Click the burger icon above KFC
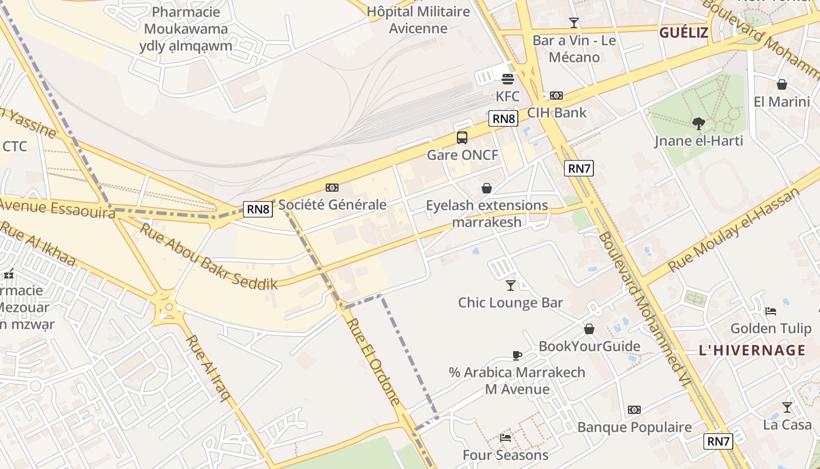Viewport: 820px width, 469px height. (x=507, y=79)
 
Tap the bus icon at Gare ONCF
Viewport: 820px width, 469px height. (x=462, y=138)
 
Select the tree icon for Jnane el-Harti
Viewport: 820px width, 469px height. (x=698, y=123)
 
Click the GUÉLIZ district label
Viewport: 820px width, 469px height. (x=684, y=33)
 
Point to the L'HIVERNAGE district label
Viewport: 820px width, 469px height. (x=752, y=351)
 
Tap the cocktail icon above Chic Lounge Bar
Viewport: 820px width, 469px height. (x=511, y=286)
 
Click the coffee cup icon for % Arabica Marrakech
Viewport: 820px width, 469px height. (x=517, y=355)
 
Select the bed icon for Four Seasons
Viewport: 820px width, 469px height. (x=505, y=437)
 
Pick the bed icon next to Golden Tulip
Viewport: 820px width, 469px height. (x=771, y=311)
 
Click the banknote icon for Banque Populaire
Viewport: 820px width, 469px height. (x=634, y=410)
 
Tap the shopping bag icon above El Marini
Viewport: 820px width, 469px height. (x=781, y=84)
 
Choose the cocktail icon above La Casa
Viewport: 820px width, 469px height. (x=787, y=407)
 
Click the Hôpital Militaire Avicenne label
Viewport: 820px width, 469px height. (x=419, y=20)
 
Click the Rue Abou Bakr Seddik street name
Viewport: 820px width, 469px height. (x=208, y=256)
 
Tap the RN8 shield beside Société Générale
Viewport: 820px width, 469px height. (x=258, y=209)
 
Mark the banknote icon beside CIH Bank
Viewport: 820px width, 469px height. (x=556, y=96)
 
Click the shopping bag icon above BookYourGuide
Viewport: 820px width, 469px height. (x=589, y=329)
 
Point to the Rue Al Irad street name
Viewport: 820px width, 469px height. (x=208, y=368)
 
